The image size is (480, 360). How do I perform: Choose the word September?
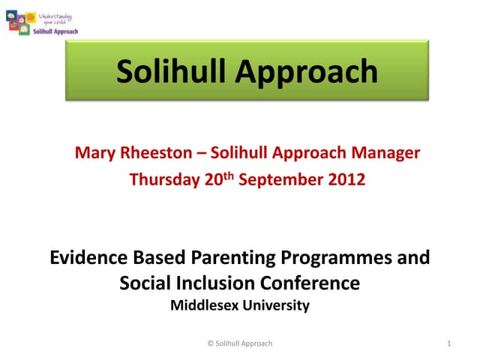pos(284,180)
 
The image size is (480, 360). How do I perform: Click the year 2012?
pos(346,180)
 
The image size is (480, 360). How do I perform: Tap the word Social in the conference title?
pos(145,283)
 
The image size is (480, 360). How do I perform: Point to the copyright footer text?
pos(239,343)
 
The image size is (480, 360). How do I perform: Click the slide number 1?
pos(447,343)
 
